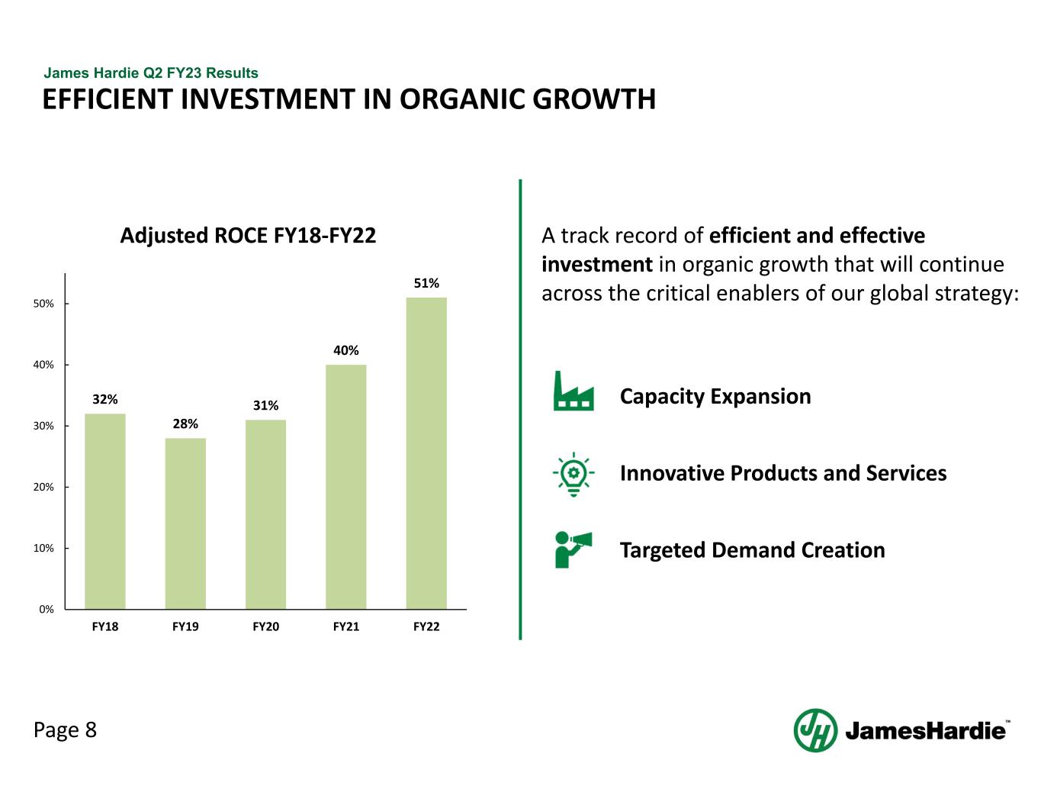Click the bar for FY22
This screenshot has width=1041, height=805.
(x=426, y=452)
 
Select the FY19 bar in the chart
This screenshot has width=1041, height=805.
(x=185, y=523)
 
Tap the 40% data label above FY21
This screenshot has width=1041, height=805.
(x=346, y=350)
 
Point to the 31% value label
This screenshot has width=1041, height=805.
(x=265, y=405)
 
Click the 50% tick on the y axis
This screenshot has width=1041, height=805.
(x=43, y=304)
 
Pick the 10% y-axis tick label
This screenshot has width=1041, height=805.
(x=43, y=548)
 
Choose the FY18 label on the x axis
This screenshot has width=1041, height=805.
(x=105, y=626)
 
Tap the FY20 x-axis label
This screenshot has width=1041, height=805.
(x=265, y=626)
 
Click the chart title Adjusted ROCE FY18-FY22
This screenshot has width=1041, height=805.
(x=248, y=236)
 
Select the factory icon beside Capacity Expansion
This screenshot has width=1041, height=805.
(x=574, y=391)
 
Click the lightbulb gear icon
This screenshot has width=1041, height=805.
(x=574, y=475)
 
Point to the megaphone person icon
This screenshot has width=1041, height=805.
(x=573, y=549)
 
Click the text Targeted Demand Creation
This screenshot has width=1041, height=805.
(x=752, y=550)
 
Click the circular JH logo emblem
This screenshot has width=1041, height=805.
(x=815, y=730)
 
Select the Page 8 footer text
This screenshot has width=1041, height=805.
(x=65, y=730)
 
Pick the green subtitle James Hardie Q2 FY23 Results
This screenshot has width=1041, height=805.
(x=151, y=72)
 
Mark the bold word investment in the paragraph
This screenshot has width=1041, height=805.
(x=597, y=265)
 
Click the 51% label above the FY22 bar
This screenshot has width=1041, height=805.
(x=426, y=283)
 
